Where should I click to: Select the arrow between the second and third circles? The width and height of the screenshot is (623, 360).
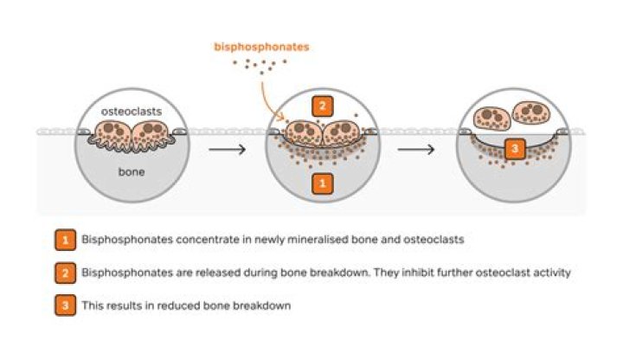(x=416, y=147)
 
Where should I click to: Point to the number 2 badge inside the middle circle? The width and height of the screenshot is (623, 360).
(x=322, y=106)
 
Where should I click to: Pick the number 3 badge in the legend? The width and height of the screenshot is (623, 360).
(x=64, y=305)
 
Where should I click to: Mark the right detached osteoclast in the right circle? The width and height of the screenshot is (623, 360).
(x=532, y=112)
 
